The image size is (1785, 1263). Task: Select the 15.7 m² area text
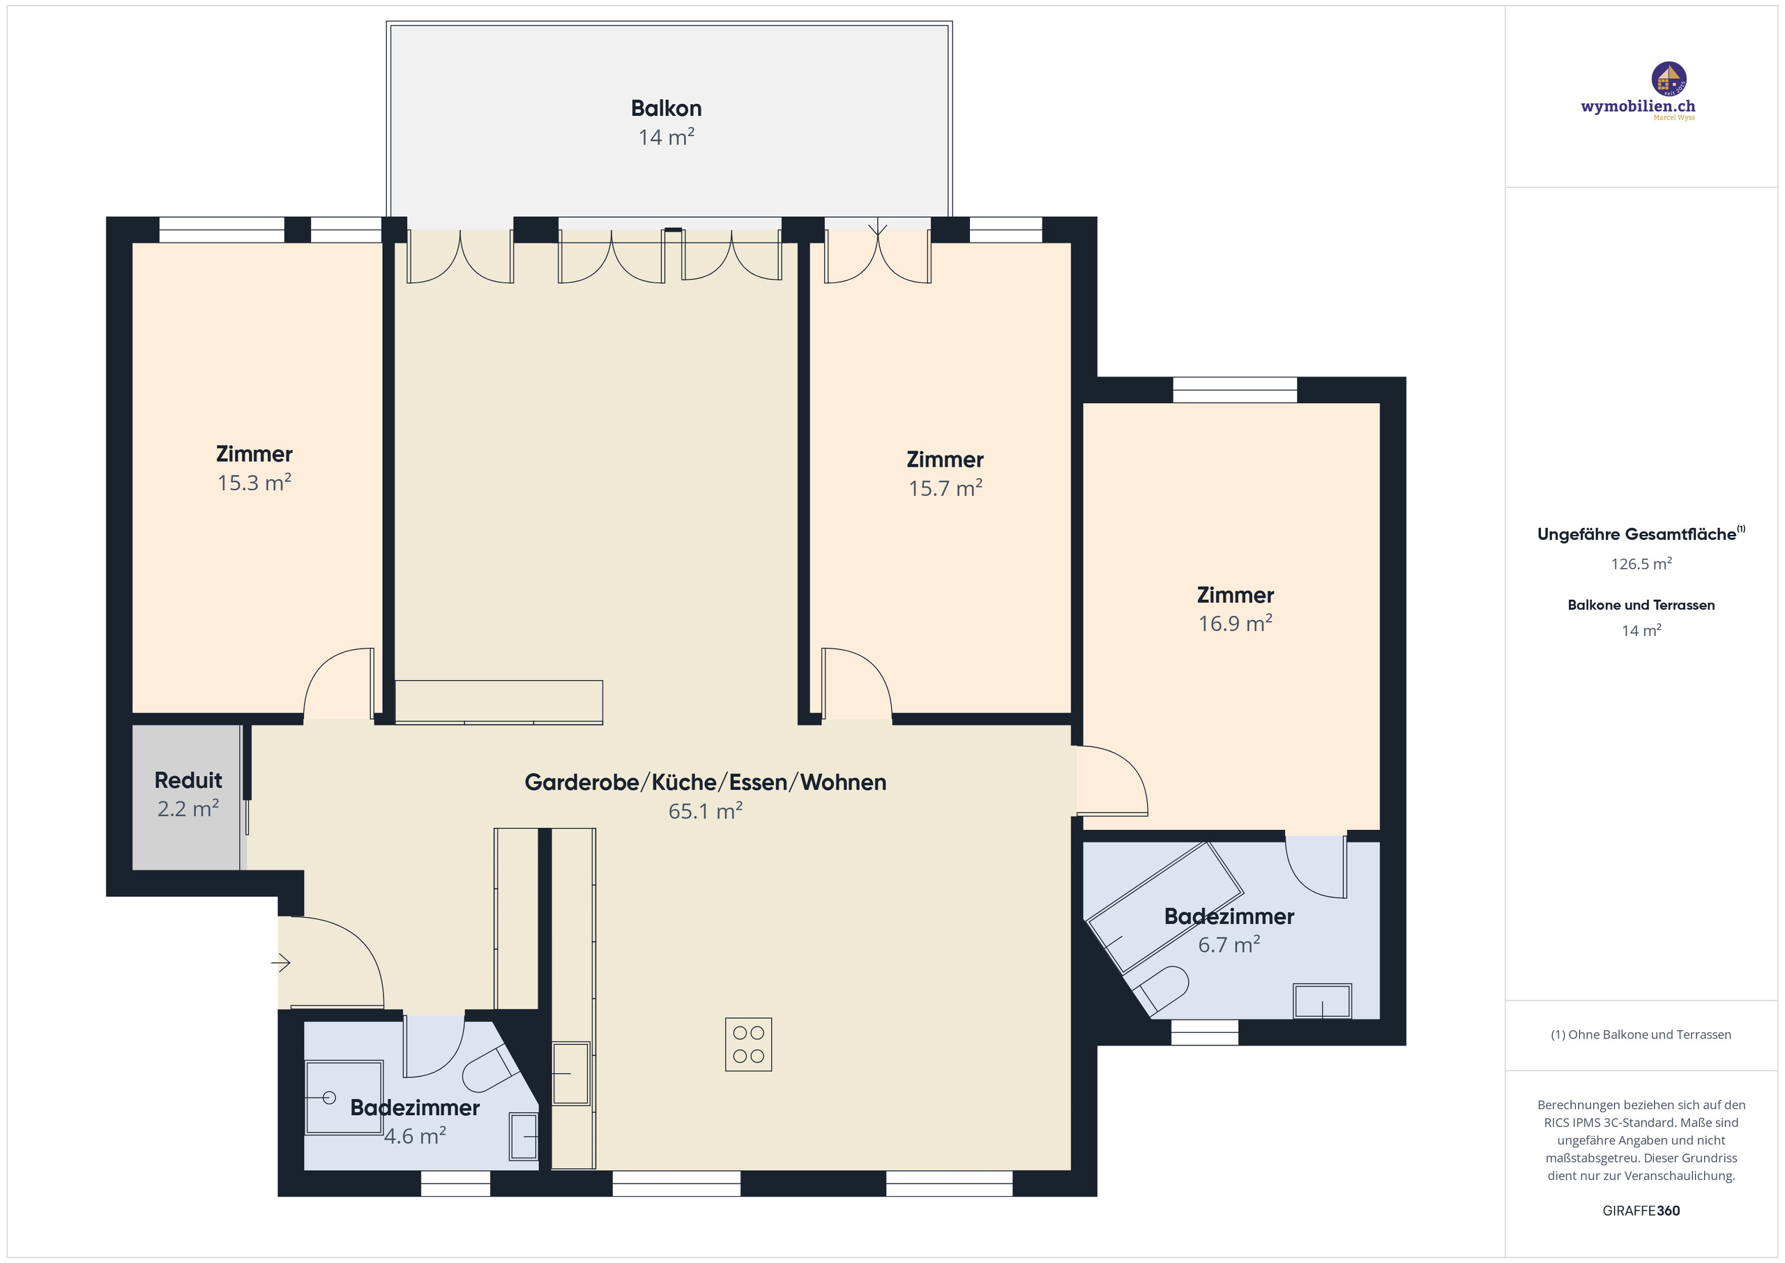945,488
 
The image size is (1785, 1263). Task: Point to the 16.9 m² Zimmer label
1235,596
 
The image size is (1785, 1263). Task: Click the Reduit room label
188,780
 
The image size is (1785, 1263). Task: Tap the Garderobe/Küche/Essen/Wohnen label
704,782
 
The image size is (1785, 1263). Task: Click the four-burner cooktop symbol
748,1045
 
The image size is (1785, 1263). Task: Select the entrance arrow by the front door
281,964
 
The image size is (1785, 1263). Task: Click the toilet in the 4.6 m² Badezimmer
489,1068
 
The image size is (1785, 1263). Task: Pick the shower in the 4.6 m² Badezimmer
343,1097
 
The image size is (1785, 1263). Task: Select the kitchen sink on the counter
570,1073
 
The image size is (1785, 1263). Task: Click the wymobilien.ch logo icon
1669,79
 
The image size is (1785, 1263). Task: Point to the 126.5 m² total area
1641,564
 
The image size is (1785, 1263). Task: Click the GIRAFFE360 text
1641,1211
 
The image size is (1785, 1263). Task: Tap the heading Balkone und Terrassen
1641,605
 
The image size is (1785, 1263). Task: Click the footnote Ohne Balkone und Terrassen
1641,1034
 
